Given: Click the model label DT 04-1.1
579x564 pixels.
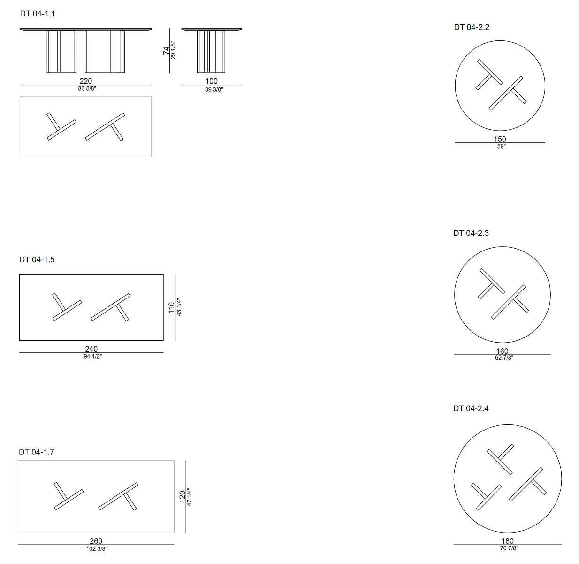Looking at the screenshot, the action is tap(38, 14).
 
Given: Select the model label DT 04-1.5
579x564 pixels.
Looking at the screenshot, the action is tap(37, 259).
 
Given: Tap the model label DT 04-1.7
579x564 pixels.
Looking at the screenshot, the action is tap(36, 452).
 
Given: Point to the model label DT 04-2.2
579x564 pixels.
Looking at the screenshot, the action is tap(472, 27).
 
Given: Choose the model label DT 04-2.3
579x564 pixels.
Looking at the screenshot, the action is tap(471, 233).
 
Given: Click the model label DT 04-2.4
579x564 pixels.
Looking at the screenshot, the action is tap(471, 408).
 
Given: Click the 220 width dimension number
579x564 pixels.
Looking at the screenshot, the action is tap(86, 81).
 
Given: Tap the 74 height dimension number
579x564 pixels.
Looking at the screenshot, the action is tap(166, 51).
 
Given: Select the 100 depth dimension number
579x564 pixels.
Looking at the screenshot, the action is tap(211, 81).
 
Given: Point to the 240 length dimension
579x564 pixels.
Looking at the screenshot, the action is tap(91, 349).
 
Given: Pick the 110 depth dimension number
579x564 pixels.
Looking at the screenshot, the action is tap(172, 308).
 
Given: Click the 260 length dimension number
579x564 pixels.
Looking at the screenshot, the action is tap(96, 541).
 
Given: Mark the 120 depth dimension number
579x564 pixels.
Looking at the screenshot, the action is tap(183, 497).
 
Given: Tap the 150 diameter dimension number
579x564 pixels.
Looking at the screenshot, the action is tap(500, 139).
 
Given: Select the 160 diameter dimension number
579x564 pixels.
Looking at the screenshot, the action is tap(502, 351).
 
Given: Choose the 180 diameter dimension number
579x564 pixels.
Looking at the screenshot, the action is tap(508, 541).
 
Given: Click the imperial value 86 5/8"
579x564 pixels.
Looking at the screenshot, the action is tap(87, 88).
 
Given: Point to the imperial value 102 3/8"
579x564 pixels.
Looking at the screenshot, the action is tap(97, 549).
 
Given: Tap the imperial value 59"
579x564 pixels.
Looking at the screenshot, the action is tap(502, 146).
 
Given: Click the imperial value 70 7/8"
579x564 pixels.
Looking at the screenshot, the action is tap(509, 548).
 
